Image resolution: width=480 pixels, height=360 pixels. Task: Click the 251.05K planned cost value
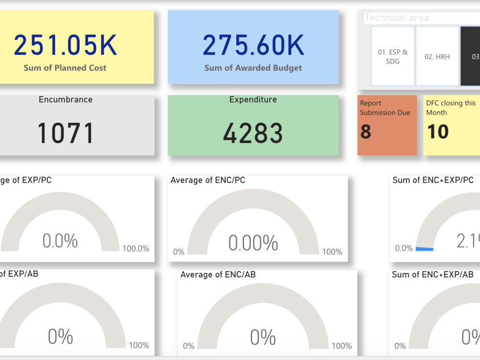pos(65,45)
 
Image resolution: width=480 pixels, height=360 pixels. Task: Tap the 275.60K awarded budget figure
pos(253,45)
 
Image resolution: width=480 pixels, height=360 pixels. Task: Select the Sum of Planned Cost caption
pos(65,68)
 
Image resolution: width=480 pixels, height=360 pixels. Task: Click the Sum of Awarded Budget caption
pos(253,68)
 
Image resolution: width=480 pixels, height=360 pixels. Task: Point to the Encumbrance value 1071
pos(65,133)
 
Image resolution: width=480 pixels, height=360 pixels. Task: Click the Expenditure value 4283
pos(253,133)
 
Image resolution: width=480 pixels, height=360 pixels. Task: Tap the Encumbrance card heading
pos(65,100)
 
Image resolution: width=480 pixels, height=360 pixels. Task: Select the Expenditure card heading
pos(253,100)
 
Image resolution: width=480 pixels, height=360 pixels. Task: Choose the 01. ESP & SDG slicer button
pos(393,56)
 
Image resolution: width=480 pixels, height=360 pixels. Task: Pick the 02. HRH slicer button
pos(437,56)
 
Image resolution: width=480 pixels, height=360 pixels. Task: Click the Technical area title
pos(396,18)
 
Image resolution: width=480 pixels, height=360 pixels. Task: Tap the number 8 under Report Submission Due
pos(366,132)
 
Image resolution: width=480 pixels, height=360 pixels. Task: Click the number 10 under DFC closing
pos(437,132)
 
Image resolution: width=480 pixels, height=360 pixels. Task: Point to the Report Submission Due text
pos(385,108)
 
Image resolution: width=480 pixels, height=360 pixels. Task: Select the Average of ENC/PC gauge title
pos(208,180)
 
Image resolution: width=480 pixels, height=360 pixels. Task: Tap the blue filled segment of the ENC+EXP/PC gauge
pos(424,249)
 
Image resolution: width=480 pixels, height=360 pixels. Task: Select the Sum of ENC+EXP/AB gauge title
pos(432,275)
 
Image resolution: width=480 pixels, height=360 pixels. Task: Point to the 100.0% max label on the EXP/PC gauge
pos(136,249)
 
